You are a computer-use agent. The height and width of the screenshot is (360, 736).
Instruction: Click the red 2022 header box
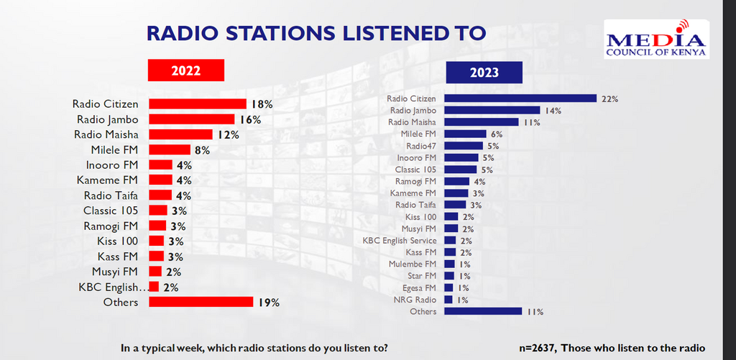pyautogui.click(x=186, y=70)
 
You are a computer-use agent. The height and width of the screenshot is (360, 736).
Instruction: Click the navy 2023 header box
pyautogui.click(x=484, y=73)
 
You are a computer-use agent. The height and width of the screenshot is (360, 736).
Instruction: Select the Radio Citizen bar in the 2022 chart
pyautogui.click(x=197, y=103)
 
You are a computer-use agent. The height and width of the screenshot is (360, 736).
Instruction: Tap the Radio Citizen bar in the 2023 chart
pyautogui.click(x=520, y=98)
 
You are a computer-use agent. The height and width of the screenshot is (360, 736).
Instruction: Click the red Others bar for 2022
pyautogui.click(x=201, y=302)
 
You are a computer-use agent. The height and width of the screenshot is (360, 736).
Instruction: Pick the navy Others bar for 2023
pyautogui.click(x=482, y=311)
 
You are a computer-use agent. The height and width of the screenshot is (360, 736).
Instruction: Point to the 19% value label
pyautogui.click(x=269, y=303)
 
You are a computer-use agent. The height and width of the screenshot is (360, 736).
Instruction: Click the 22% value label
pyautogui.click(x=609, y=98)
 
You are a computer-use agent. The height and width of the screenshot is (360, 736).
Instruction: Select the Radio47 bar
pyautogui.click(x=466, y=146)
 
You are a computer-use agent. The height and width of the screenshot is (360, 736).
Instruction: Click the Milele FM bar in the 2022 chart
pyautogui.click(x=169, y=149)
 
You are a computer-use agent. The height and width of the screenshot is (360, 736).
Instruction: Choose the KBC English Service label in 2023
pyautogui.click(x=400, y=240)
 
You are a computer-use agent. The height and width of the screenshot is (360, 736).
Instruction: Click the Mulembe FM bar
pyautogui.click(x=448, y=264)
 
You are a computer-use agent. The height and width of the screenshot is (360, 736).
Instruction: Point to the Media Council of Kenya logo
pyautogui.click(x=656, y=40)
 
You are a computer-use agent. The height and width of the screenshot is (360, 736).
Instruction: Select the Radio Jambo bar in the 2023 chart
pyautogui.click(x=492, y=111)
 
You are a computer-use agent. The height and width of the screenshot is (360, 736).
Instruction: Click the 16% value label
pyautogui.click(x=251, y=119)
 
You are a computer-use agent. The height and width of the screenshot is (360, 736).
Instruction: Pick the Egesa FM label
pyautogui.click(x=420, y=287)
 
